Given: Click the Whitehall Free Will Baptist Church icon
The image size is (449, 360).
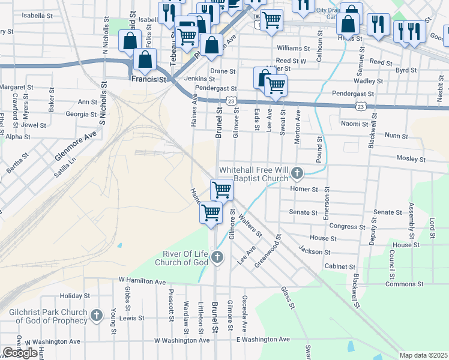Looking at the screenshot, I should (x=297, y=174).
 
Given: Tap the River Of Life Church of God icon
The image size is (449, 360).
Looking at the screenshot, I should (x=217, y=258).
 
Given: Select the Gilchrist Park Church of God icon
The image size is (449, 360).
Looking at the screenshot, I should (x=97, y=315).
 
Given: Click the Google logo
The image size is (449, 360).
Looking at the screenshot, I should (x=20, y=353).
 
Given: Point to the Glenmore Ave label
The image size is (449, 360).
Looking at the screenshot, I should (x=76, y=146).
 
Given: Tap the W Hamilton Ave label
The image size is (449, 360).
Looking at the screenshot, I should (x=142, y=281).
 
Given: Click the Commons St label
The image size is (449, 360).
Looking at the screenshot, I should (x=404, y=283).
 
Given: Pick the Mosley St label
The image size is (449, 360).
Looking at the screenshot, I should (x=411, y=160).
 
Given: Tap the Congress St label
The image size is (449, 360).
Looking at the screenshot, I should (x=343, y=226).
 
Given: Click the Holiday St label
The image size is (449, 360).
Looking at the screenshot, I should (x=74, y=296).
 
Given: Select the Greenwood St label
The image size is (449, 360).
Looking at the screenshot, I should (x=268, y=255).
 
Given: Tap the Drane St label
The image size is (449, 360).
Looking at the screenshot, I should (x=223, y=71).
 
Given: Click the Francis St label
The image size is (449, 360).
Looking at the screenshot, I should (x=149, y=79).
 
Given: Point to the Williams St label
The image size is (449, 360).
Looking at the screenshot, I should (x=293, y=48).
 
